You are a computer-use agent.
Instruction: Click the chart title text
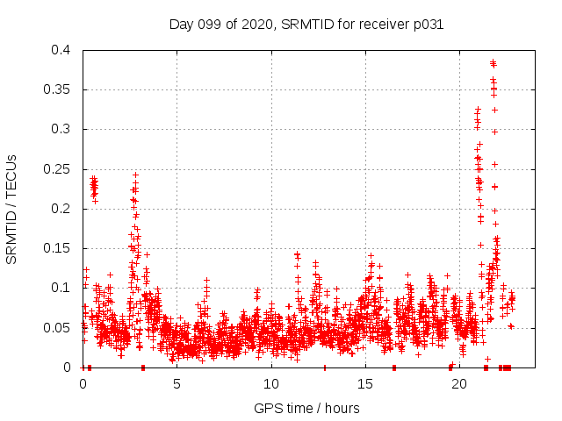tap(306, 25)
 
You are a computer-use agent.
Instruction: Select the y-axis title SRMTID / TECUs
tap(12, 209)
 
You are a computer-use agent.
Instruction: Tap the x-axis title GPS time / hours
tap(306, 408)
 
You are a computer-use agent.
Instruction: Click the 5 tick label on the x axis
tap(177, 383)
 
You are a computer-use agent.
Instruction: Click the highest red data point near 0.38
tap(493, 62)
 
